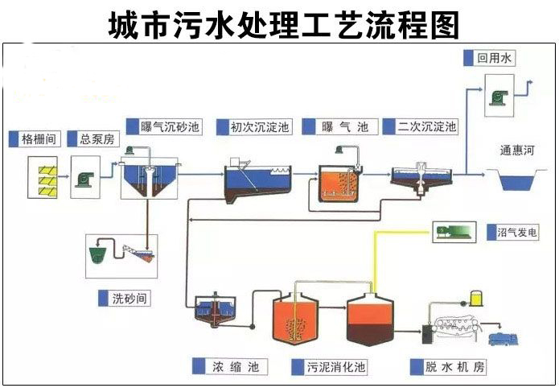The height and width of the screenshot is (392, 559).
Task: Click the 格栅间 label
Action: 37,138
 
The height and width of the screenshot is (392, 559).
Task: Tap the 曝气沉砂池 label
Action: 170,126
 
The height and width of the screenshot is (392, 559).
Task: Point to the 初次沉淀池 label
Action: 260,126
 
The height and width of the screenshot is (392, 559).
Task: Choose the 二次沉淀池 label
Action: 426,126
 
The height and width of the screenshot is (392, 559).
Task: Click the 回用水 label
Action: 494,58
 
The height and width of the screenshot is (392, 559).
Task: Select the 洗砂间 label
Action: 129,298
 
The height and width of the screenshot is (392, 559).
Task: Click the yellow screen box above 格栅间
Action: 41,177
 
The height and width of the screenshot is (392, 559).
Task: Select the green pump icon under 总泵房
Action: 84,177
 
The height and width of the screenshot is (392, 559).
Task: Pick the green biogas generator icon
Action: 455,232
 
